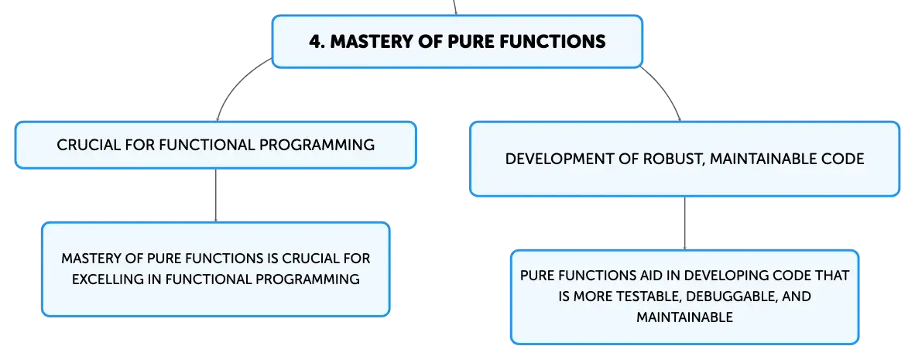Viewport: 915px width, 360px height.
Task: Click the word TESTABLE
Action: (x=649, y=296)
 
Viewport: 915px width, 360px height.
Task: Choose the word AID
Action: (x=646, y=276)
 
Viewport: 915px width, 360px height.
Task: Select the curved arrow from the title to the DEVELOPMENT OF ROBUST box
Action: (x=665, y=88)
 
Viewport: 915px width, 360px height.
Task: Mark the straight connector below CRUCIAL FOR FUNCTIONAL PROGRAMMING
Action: (x=216, y=195)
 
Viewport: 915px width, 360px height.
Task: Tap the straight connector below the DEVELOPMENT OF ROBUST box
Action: (x=684, y=224)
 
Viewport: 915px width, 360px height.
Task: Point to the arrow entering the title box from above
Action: (x=454, y=8)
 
